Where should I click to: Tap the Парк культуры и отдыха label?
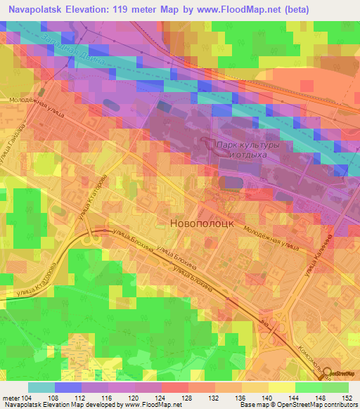[x=243, y=149]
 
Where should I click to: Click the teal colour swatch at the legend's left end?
[x=41, y=387]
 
